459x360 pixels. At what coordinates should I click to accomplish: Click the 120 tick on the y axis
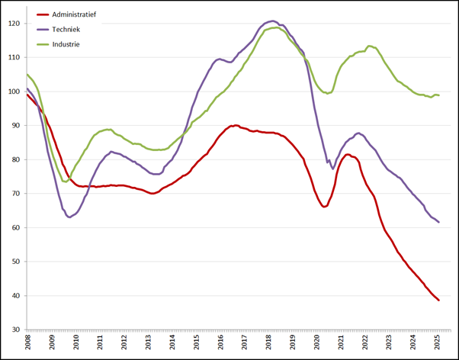(16, 24)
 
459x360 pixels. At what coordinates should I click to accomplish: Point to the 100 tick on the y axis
(16, 92)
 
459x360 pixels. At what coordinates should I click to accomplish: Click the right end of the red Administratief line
(438, 300)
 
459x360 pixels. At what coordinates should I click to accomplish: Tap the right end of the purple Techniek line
(438, 222)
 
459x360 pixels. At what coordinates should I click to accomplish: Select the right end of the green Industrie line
(438, 95)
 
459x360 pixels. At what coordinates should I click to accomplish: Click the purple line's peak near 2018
(272, 21)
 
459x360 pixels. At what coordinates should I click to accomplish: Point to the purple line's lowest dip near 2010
(70, 217)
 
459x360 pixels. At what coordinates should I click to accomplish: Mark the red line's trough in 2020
(324, 207)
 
